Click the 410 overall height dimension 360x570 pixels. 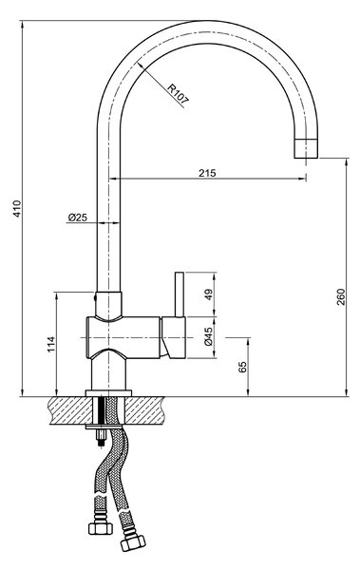pos(17,209)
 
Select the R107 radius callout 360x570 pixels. pos(179,95)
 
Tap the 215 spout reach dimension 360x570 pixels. pos(207,173)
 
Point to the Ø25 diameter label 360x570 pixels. pos(78,218)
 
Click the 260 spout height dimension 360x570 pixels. pos(341,296)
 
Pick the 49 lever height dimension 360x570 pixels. pos(208,294)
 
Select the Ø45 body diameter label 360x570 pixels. pos(208,336)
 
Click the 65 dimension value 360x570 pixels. pos(243,367)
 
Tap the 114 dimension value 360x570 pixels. pos(51,344)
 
